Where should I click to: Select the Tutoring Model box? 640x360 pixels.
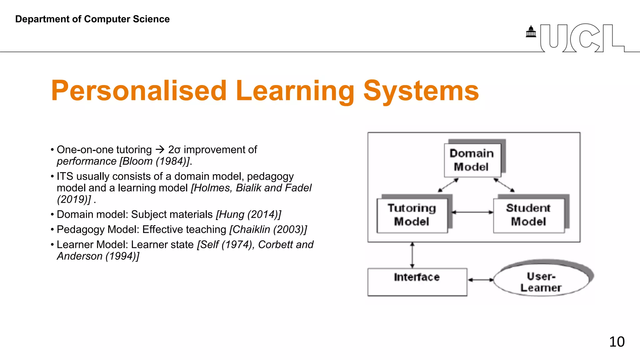(412, 215)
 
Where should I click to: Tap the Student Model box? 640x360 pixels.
(529, 215)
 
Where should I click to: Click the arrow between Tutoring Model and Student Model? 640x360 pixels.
(472, 212)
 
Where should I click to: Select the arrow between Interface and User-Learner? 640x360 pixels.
(480, 280)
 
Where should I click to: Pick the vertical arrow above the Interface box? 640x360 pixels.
(412, 255)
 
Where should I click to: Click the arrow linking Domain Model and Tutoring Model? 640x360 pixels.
(448, 185)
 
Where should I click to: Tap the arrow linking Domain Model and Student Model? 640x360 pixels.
(504, 185)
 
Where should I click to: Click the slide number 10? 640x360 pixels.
(617, 342)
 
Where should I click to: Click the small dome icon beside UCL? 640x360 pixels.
(531, 32)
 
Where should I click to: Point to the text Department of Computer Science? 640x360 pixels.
(92, 19)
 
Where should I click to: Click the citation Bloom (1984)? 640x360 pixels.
(154, 161)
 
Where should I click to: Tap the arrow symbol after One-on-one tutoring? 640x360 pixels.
(160, 150)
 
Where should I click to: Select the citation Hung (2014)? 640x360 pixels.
(248, 215)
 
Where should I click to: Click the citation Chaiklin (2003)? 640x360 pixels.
(268, 230)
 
